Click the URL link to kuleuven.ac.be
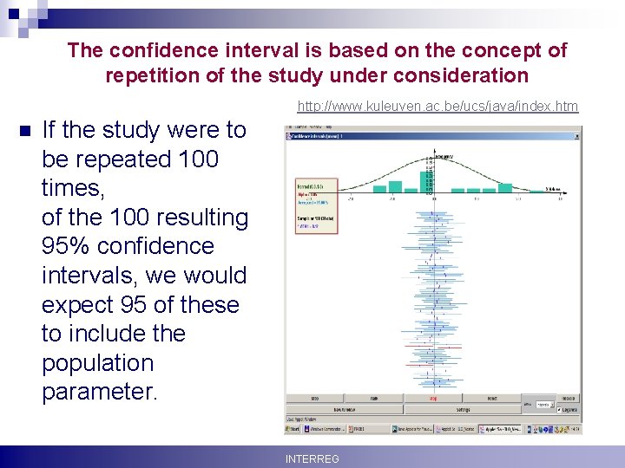coord(437,107)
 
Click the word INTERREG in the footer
coord(312,458)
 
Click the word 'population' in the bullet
coord(97,363)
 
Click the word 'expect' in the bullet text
coord(78,305)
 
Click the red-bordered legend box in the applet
coord(316,208)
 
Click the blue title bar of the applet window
coord(417,135)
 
